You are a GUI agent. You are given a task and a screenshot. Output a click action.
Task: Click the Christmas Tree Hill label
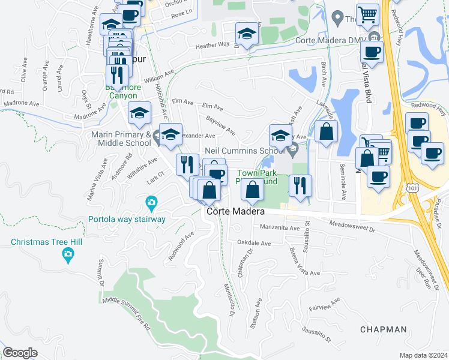click(x=41, y=242)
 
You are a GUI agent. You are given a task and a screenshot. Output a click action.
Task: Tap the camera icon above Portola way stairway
click(x=151, y=204)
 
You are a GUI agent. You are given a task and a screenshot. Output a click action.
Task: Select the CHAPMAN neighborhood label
click(x=384, y=329)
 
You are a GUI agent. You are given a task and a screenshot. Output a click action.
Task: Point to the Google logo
click(x=20, y=353)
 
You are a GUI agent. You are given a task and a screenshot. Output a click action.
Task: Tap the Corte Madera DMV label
click(x=330, y=40)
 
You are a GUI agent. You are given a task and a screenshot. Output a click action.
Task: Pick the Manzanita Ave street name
click(x=279, y=228)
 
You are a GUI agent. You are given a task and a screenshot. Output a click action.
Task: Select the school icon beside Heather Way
click(x=246, y=33)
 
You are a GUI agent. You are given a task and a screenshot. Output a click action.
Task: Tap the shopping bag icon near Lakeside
click(x=326, y=133)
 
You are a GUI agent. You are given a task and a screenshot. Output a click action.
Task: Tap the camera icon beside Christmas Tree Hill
click(x=68, y=256)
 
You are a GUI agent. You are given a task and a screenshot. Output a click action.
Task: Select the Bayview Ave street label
click(x=220, y=125)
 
